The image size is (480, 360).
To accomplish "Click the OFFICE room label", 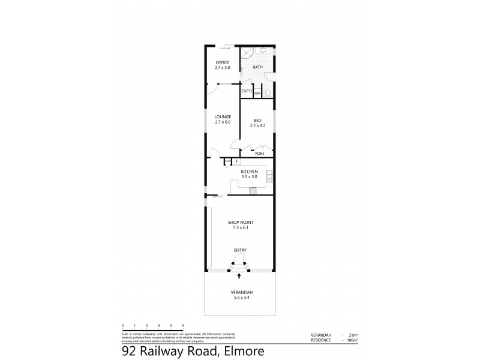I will tap(222, 63).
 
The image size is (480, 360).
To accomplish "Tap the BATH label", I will tap(257, 67).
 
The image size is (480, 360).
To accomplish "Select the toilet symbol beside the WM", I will tap(268, 93).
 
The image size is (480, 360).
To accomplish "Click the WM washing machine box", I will tap(257, 94).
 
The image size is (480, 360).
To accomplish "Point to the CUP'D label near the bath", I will tap(246, 91).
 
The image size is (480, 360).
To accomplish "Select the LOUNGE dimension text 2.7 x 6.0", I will tap(223, 122).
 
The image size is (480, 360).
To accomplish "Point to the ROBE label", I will tap(260, 154).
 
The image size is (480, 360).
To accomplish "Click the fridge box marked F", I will tap(236, 161).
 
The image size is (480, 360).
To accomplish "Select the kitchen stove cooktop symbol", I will tap(253, 191).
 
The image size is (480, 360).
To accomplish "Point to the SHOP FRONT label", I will tap(239, 223).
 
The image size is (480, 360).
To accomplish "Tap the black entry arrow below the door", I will tap(239, 276).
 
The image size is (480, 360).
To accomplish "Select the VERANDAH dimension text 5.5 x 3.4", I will tap(239, 297).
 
